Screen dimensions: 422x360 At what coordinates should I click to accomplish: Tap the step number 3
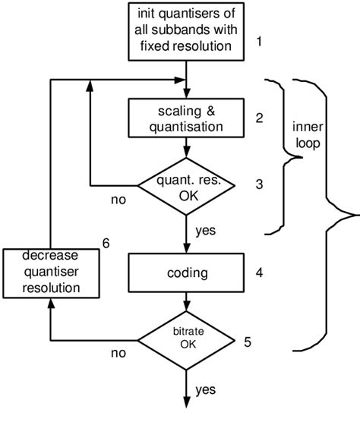(x=259, y=184)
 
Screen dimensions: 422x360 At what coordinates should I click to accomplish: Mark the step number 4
(x=259, y=269)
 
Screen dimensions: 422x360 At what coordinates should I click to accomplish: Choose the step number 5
(x=248, y=342)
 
